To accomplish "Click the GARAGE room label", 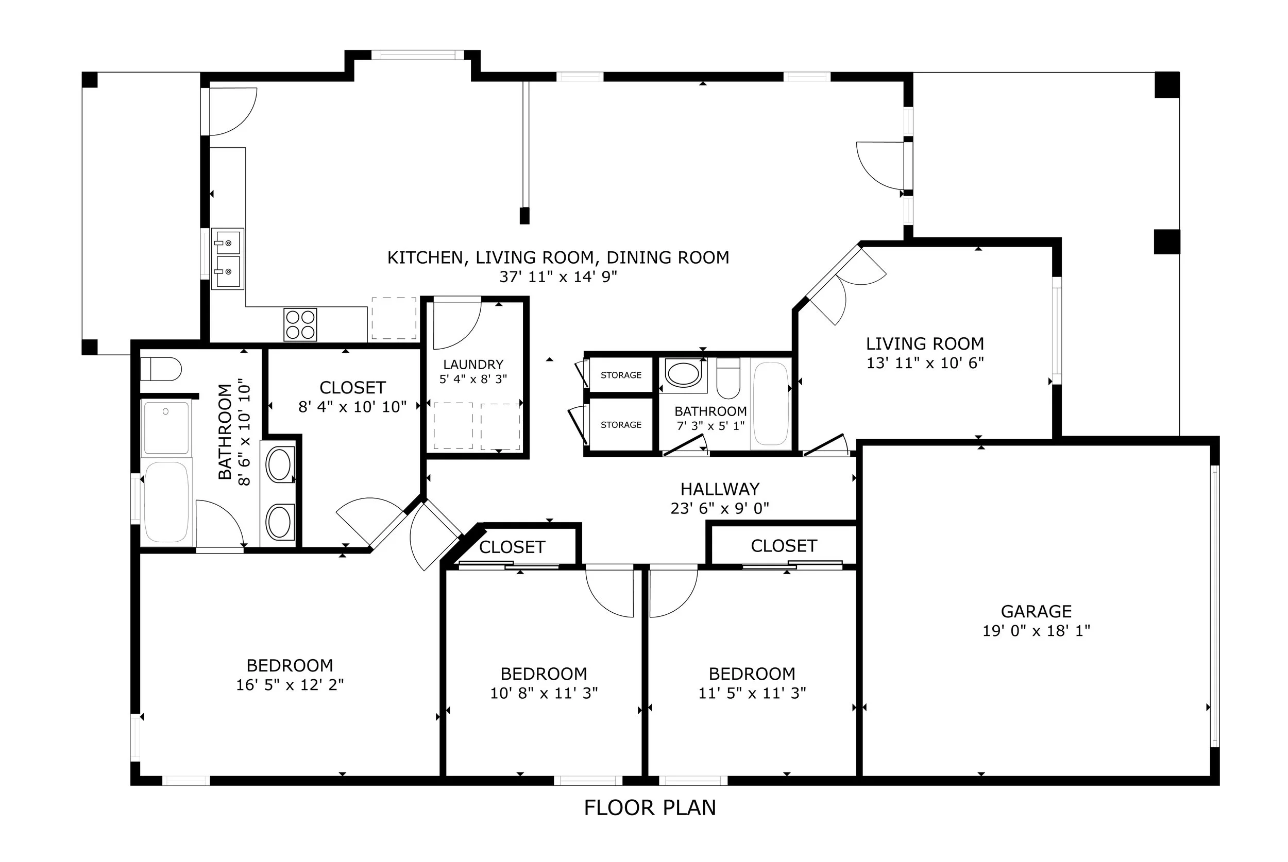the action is click(x=1036, y=611).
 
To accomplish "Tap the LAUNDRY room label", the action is click(x=473, y=365).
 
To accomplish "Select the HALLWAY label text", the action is click(x=720, y=489).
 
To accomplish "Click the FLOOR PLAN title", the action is click(x=650, y=807).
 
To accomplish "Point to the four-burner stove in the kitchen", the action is click(x=300, y=324).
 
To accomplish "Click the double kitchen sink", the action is click(x=228, y=258).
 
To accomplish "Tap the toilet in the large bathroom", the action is click(x=161, y=369).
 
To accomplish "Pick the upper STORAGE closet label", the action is click(x=621, y=375).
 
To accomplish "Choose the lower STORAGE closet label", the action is click(x=621, y=424).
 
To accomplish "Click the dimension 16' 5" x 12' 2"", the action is click(x=290, y=684).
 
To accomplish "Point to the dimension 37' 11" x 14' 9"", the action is click(x=558, y=277).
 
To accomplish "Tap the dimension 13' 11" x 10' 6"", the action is click(x=925, y=363).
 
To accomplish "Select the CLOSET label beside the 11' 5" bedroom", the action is click(x=784, y=546).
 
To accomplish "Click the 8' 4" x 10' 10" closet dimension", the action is click(x=352, y=406).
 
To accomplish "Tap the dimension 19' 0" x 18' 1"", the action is click(x=1036, y=631).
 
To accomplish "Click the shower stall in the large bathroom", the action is click(x=166, y=427).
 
